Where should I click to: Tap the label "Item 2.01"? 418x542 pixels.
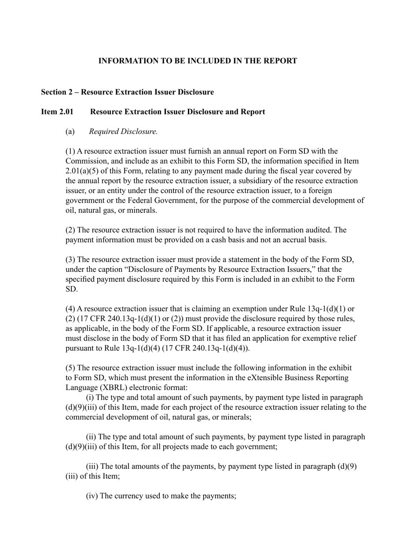tap(57, 112)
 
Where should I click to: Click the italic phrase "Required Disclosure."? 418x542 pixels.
tap(123, 131)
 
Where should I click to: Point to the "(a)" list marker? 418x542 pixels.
tap(70, 131)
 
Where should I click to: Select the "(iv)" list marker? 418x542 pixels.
tap(92, 496)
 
